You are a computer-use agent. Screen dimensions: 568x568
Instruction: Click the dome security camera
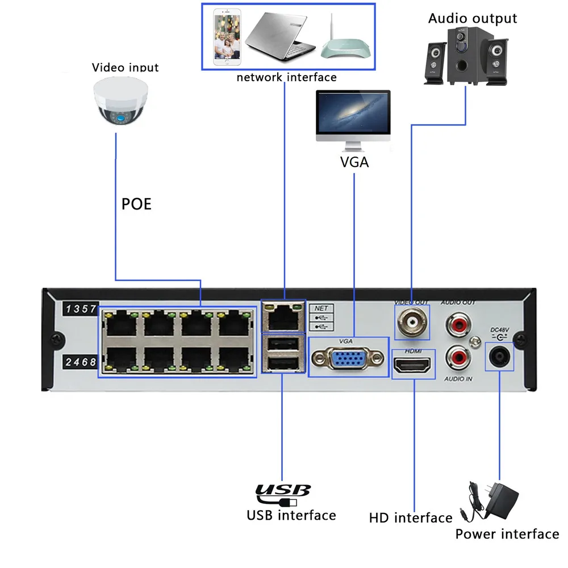(120, 101)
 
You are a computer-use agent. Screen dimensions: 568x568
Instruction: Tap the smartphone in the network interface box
(227, 37)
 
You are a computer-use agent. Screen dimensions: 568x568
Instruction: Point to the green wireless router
(345, 43)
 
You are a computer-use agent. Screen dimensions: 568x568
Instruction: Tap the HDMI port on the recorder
(412, 365)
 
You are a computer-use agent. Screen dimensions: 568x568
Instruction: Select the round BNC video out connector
(412, 321)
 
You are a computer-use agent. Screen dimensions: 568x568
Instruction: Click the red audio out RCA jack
(458, 324)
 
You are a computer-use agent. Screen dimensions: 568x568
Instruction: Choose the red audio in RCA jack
(458, 357)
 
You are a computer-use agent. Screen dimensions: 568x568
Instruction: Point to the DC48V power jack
(499, 356)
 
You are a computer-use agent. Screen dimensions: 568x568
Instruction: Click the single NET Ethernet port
(283, 318)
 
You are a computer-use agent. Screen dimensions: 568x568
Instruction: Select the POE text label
(136, 204)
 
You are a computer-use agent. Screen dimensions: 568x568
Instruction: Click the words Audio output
(473, 19)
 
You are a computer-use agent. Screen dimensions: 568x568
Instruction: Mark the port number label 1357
(81, 308)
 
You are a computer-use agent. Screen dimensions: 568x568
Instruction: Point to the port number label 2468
(81, 361)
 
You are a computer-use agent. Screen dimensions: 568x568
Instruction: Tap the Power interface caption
(507, 534)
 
